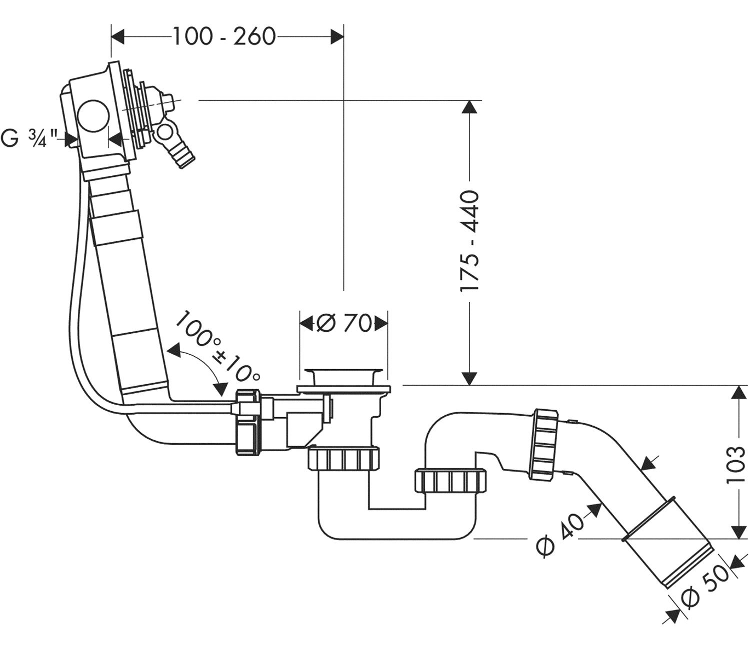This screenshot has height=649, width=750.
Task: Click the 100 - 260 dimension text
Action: [223, 36]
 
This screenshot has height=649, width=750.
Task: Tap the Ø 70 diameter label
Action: [343, 323]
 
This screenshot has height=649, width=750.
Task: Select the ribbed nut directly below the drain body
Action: [343, 459]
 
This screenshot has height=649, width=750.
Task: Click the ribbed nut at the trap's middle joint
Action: [450, 481]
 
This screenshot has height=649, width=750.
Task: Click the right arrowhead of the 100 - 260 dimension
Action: [336, 36]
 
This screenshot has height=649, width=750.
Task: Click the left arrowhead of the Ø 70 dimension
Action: [306, 323]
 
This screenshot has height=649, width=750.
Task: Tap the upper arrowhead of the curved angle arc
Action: [173, 350]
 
